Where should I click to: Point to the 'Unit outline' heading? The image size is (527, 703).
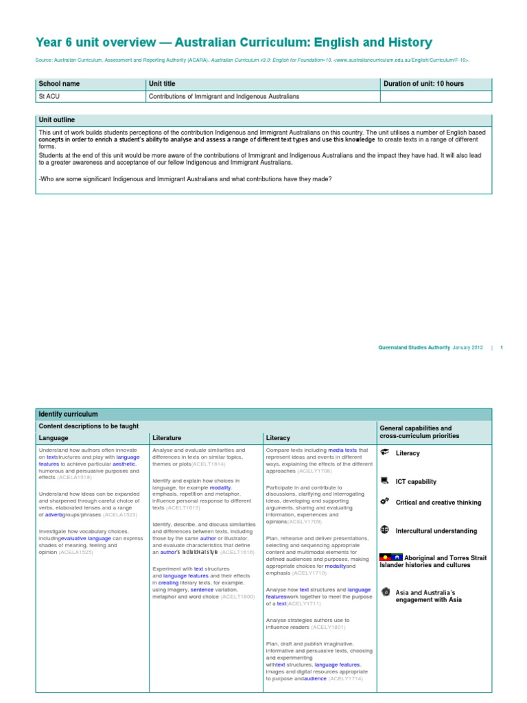point(57,119)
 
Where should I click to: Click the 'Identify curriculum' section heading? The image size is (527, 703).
point(69,415)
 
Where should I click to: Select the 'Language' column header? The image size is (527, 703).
point(54,437)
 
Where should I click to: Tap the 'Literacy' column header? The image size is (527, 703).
point(278,437)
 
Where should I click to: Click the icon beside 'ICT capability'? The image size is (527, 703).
point(384,481)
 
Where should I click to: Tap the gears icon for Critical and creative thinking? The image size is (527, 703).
point(384,502)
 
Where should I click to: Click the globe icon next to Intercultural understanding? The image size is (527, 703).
point(384,530)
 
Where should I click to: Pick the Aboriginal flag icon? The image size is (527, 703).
point(388,557)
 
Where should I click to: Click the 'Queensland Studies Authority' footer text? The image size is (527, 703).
point(414,347)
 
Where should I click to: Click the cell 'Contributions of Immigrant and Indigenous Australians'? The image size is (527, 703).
point(224,97)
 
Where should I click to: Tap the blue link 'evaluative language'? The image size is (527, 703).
point(85,539)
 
